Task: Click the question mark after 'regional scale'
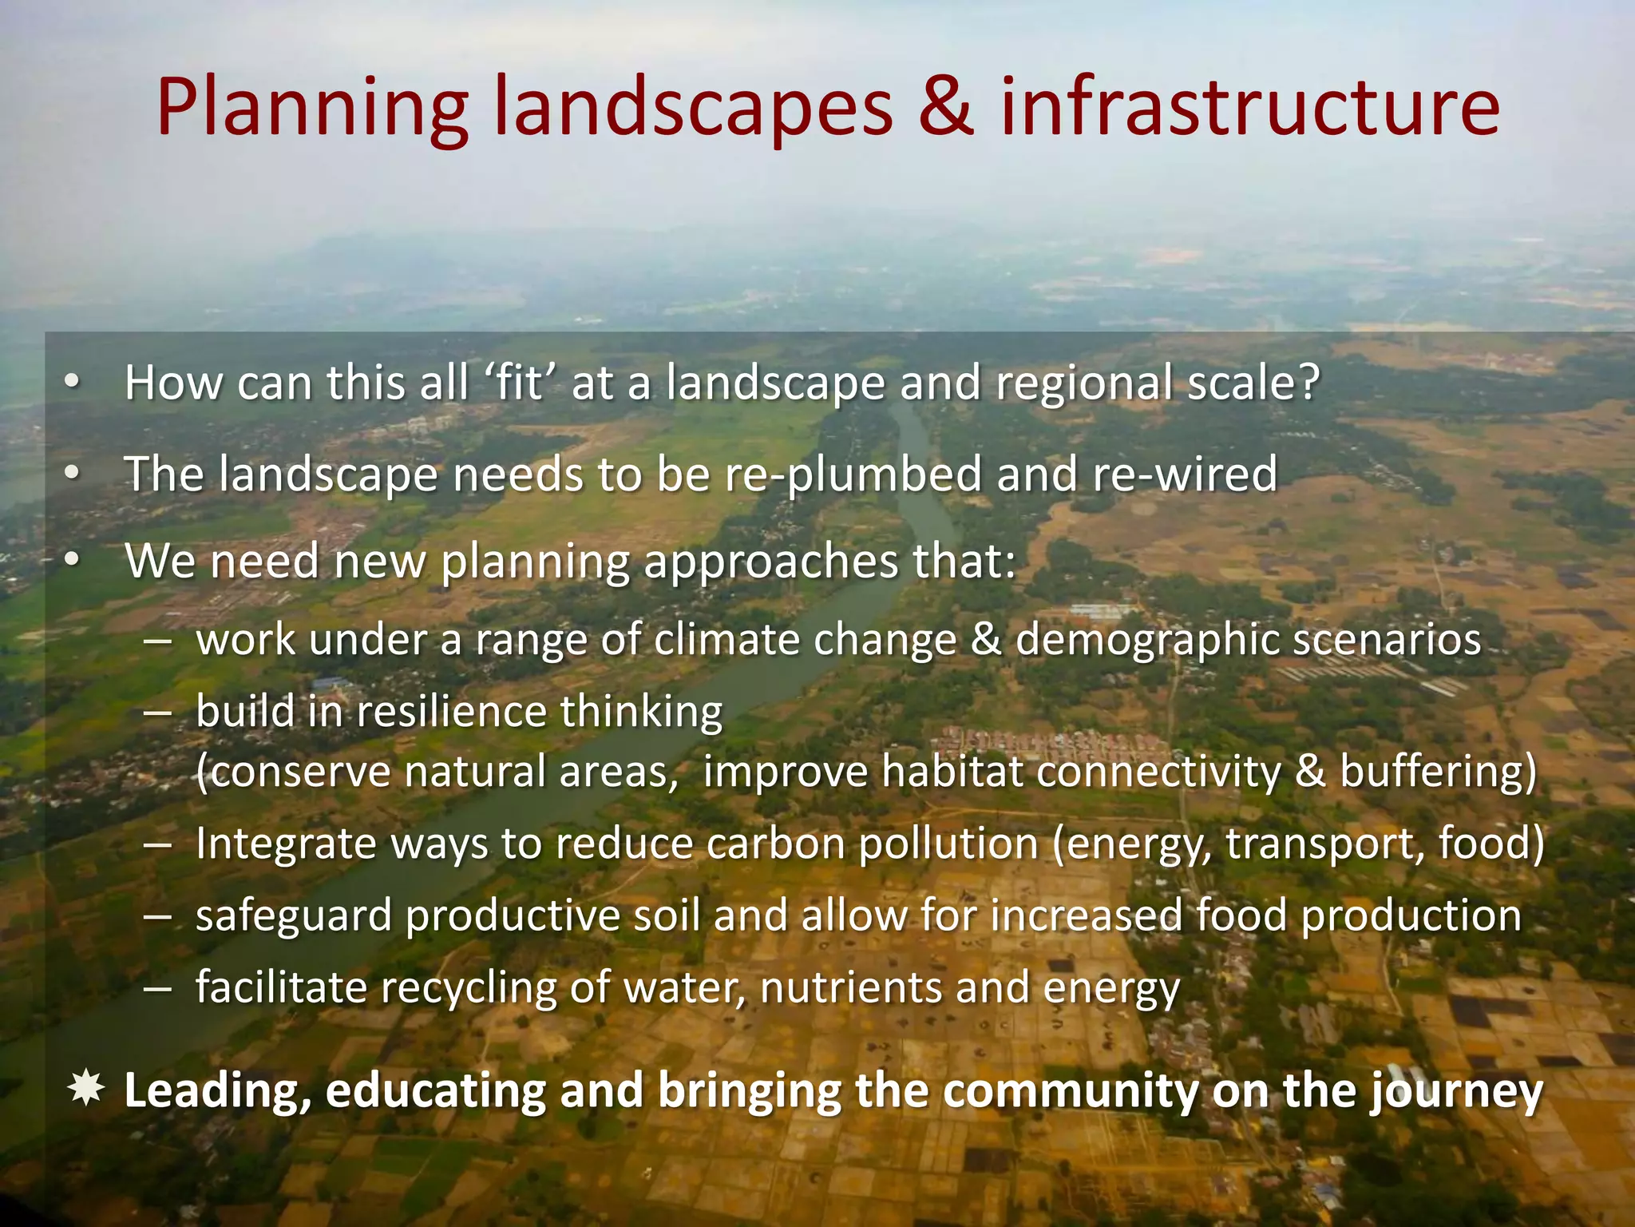(1306, 383)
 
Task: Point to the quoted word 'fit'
(519, 383)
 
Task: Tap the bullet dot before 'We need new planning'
(73, 562)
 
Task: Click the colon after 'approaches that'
(1008, 563)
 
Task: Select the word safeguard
(294, 916)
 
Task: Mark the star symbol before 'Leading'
(85, 1090)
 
